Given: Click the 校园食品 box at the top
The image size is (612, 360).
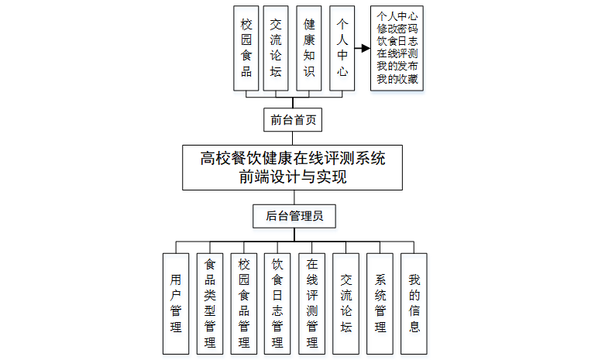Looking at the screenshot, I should [246, 48].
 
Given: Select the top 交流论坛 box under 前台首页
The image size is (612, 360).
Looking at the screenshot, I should [276, 48].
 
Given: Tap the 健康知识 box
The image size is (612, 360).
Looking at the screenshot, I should [309, 48].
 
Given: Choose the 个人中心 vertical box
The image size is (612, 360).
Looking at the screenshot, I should [342, 48].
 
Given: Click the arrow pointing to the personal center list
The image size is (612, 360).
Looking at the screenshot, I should [363, 48].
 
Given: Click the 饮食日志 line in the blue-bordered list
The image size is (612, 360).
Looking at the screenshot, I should [397, 39].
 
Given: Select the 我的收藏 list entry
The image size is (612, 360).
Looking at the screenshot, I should [397, 79].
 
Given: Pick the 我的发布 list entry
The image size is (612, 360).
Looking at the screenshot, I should [397, 66].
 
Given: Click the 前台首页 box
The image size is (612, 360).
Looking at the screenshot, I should [292, 121].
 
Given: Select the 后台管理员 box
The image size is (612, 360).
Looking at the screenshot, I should [294, 216].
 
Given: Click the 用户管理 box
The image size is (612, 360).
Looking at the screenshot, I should [176, 303].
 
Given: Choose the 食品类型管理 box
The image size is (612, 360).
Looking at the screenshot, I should [210, 303].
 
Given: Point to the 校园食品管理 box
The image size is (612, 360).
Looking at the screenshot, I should [244, 303].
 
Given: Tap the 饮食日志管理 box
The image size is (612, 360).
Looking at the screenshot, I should [277, 303].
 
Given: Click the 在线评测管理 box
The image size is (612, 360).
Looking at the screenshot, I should [312, 303].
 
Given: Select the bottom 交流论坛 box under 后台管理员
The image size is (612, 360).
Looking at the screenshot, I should [346, 303].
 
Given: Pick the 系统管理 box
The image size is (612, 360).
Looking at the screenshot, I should [380, 303].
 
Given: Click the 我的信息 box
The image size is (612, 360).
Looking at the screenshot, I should [414, 303].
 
